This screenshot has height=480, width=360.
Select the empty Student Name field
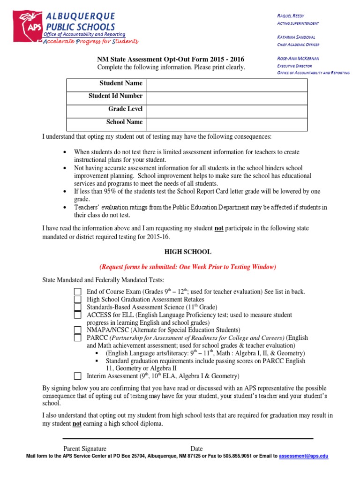(x=226, y=85)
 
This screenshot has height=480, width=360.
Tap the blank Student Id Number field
(x=226, y=98)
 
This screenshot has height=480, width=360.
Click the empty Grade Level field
(x=226, y=111)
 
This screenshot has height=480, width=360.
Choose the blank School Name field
(x=226, y=124)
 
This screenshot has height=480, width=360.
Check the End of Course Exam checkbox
(x=78, y=292)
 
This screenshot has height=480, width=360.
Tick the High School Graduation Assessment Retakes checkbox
(x=78, y=299)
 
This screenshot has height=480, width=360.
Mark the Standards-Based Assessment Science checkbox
(x=78, y=307)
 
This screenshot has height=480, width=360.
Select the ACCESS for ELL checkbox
(x=78, y=315)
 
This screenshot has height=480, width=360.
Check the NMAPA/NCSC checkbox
(x=78, y=330)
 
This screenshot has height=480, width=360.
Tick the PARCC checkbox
(x=78, y=337)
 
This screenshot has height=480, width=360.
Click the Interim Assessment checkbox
(x=78, y=376)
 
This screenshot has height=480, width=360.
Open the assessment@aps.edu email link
(x=303, y=456)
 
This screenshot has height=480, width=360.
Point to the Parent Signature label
(x=85, y=449)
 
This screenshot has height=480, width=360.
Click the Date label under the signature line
(x=196, y=449)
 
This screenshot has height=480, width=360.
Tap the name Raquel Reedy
(x=291, y=16)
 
